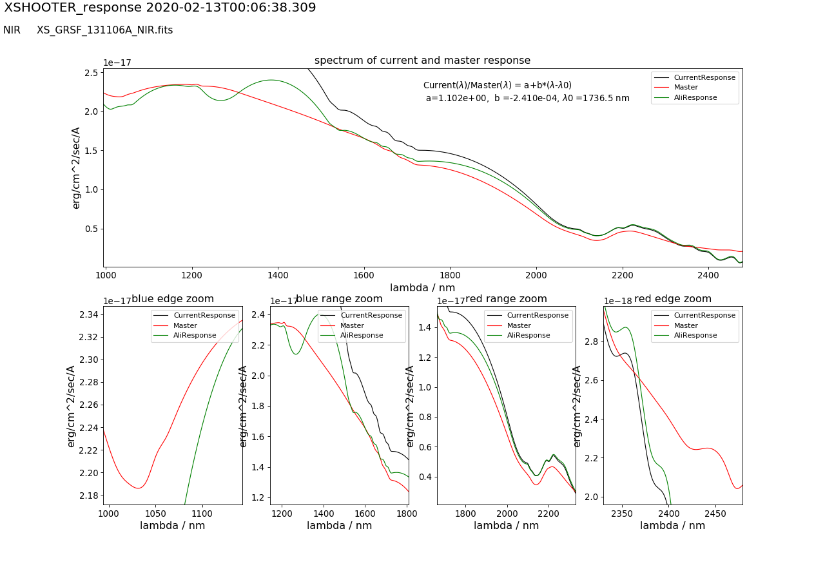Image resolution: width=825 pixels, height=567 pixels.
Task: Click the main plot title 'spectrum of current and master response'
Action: pos(422,61)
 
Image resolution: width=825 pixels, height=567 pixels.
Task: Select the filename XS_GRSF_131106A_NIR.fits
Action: pos(104,30)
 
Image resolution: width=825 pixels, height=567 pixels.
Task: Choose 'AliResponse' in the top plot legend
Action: pos(695,98)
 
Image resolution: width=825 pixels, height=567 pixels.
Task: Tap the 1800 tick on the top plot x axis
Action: pos(450,274)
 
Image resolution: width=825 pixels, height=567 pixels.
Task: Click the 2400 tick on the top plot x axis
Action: pos(708,274)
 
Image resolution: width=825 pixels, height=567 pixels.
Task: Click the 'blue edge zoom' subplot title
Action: pos(173,299)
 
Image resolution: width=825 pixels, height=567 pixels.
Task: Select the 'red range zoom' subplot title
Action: pos(506,299)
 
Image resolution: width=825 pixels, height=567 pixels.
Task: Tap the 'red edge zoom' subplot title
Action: pos(673,299)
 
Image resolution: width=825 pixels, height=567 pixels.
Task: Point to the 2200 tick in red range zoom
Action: pos(548,513)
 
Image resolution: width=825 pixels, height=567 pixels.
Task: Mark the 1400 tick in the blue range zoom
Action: pos(324,513)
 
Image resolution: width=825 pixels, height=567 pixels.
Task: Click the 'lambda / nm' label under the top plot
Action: pos(422,288)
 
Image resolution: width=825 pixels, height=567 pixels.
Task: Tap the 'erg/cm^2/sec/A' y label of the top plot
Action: pos(76,168)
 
